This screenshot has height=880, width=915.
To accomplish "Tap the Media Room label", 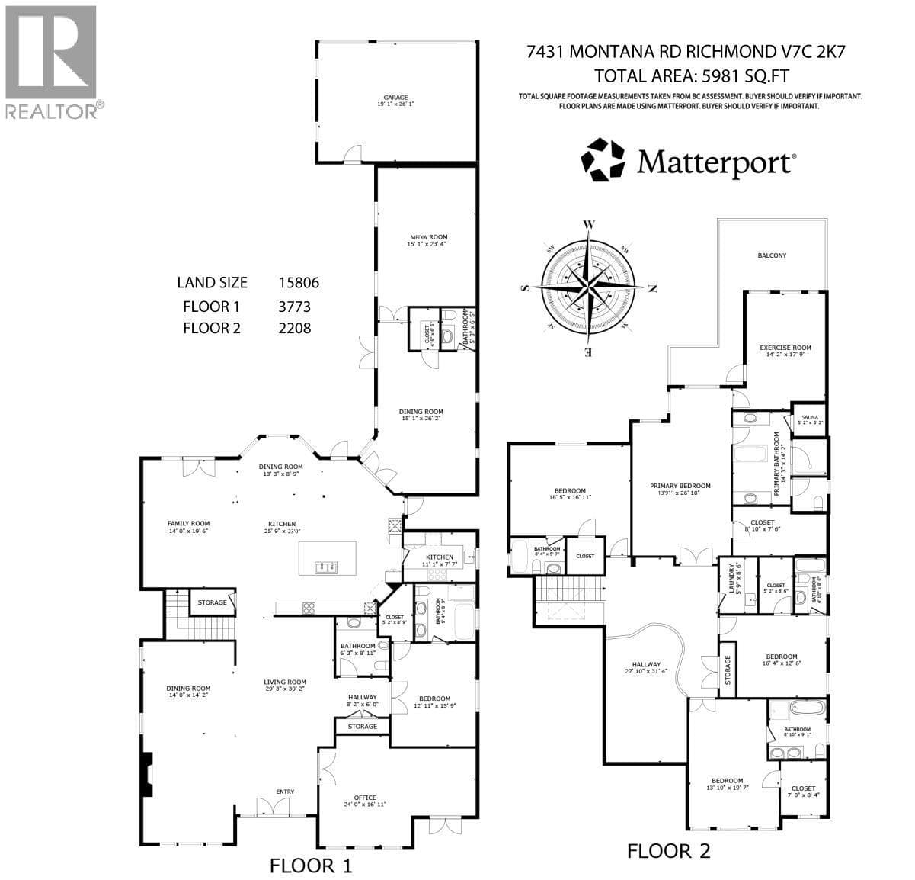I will point(427,240).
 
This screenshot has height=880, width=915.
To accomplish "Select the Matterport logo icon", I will point(603,161).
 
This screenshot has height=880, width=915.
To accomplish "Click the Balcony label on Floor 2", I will point(771,255).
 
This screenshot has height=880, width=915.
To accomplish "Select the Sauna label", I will point(809,418).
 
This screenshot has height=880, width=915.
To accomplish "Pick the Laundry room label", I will point(731,580).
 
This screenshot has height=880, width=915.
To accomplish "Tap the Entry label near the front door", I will point(285,792).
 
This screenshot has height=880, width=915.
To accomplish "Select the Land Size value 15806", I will point(299,282).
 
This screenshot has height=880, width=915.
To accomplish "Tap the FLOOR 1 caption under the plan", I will point(312,866).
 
